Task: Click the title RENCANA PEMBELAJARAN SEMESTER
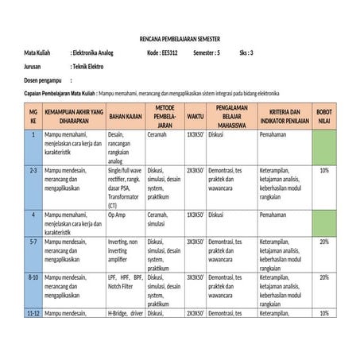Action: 180,38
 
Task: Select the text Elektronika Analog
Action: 93,52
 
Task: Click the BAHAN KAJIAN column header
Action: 125,116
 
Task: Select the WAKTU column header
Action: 195,116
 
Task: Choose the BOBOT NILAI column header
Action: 324,116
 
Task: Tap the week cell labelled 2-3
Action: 33,170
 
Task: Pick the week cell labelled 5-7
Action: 33,242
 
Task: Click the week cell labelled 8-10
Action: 33,277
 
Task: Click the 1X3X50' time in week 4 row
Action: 195,215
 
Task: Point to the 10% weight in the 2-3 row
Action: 324,170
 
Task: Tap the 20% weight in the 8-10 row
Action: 324,277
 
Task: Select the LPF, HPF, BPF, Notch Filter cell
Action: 125,281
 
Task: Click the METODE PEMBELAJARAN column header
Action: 165,116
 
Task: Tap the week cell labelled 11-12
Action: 33,314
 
